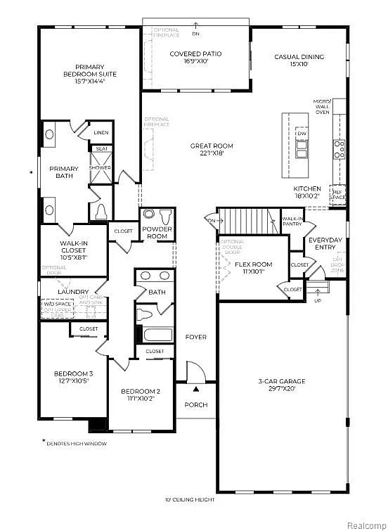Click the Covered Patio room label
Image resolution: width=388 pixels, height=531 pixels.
pos(196,53)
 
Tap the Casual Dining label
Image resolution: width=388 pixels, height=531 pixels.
pos(299,56)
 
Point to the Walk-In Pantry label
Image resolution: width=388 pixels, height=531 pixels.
pos(292,222)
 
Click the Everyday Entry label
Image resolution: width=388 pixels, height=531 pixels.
pos(325,243)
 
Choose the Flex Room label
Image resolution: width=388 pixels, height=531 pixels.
pos(253,264)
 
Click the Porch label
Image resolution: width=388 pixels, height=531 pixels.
pos(196,404)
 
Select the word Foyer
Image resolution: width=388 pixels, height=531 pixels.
pos(196,338)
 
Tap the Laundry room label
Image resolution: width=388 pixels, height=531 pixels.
pos(73,292)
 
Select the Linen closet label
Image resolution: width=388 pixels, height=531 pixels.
pos(101,132)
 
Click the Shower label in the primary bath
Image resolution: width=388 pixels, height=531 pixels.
pos(101,168)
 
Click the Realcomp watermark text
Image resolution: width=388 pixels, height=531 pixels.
pos(362,523)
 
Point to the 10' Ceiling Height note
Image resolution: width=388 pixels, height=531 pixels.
pos(190,500)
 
